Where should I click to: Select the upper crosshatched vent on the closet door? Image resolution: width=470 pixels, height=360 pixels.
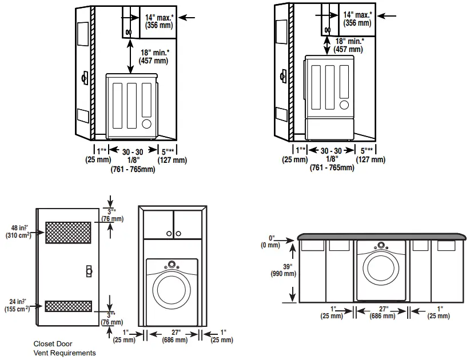coord(68,232)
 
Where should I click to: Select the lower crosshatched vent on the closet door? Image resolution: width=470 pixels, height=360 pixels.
coord(68,306)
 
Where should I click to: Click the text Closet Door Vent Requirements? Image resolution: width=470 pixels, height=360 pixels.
coord(64,349)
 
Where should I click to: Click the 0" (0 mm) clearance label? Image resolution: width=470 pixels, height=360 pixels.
coord(272,241)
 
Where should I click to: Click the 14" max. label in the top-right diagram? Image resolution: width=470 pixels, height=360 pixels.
coord(357,18)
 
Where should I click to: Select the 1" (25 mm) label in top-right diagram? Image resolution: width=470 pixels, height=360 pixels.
coord(295,155)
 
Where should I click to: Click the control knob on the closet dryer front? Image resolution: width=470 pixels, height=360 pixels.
coord(171,266)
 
